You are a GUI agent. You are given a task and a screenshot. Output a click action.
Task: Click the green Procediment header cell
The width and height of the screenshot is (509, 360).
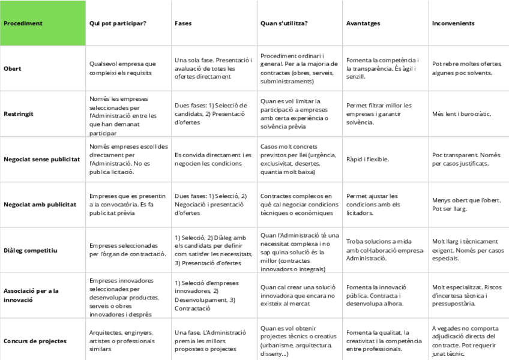(43, 23)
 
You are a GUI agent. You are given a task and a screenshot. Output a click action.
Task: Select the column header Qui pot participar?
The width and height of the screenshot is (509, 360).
(118, 23)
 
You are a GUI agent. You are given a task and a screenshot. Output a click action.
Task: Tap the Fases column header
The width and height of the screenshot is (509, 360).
(183, 23)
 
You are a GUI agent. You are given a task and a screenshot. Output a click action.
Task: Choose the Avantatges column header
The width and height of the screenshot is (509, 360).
(363, 23)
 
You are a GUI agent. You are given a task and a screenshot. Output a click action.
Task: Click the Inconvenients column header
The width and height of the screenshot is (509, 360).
(453, 23)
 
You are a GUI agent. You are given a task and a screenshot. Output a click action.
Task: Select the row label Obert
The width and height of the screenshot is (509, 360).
(12, 68)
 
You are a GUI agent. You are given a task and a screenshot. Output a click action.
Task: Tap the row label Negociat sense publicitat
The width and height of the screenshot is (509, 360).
(41, 159)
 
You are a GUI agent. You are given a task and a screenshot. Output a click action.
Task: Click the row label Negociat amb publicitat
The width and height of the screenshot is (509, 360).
(40, 204)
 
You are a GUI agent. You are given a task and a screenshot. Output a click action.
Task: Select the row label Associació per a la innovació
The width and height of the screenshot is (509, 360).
(39, 295)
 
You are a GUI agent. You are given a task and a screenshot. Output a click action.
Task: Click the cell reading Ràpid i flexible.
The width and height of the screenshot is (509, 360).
(367, 159)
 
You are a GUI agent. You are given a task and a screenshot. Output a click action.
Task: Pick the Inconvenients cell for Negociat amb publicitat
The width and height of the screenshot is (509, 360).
(466, 204)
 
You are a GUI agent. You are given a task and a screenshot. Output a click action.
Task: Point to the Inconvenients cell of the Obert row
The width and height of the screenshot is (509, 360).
(466, 68)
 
